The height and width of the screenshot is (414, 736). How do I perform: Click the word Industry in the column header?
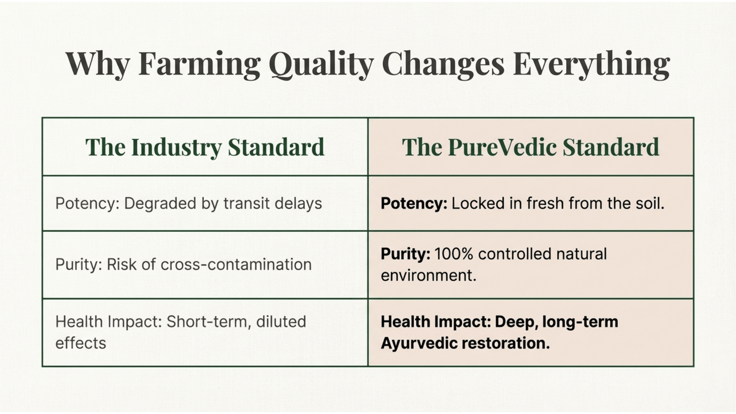(x=176, y=147)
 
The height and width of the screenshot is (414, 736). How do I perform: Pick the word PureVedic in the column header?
(x=502, y=147)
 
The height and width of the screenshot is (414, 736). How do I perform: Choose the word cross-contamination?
(x=236, y=264)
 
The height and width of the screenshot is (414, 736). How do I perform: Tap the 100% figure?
(x=454, y=254)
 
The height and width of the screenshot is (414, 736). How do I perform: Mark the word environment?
(x=428, y=276)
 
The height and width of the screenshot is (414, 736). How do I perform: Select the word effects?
(x=81, y=343)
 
